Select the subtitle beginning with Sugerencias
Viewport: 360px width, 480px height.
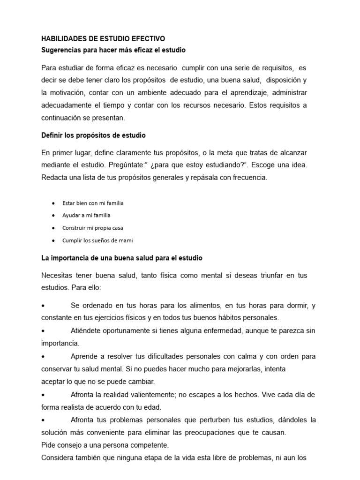tap(114, 49)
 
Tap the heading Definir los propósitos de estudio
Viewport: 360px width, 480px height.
tap(94, 135)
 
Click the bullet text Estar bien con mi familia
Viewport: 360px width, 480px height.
tap(93, 203)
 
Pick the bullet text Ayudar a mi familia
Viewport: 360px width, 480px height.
tap(86, 216)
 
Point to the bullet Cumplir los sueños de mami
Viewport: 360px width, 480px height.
tap(97, 240)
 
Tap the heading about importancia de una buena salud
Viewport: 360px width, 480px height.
tap(122, 258)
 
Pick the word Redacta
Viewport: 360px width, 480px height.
tap(56, 178)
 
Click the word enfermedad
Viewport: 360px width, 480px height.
tap(217, 331)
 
